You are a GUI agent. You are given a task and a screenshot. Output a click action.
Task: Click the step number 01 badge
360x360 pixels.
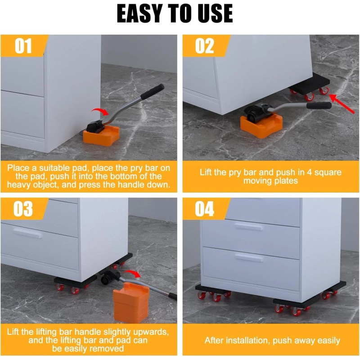pyautogui.click(x=23, y=46)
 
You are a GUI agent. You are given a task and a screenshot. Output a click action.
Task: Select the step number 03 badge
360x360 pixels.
pyautogui.click(x=23, y=209)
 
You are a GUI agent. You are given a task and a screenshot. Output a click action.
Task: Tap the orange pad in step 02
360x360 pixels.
pyautogui.click(x=261, y=127)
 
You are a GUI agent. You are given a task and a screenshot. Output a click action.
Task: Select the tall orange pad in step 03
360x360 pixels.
pyautogui.click(x=131, y=302)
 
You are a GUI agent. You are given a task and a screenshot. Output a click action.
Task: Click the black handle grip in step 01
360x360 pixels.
pyautogui.click(x=153, y=91)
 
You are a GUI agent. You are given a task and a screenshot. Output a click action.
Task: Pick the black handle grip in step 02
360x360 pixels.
pyautogui.click(x=319, y=105)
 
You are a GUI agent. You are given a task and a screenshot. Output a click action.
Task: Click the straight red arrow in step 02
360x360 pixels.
pyautogui.click(x=342, y=104)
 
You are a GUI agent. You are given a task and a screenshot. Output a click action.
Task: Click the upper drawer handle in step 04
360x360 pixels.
pyautogui.click(x=248, y=227)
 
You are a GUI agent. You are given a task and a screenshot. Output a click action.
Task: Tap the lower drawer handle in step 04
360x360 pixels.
pyautogui.click(x=249, y=258)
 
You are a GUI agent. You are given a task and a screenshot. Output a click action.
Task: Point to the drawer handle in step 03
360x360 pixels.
pyautogui.click(x=27, y=234)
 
